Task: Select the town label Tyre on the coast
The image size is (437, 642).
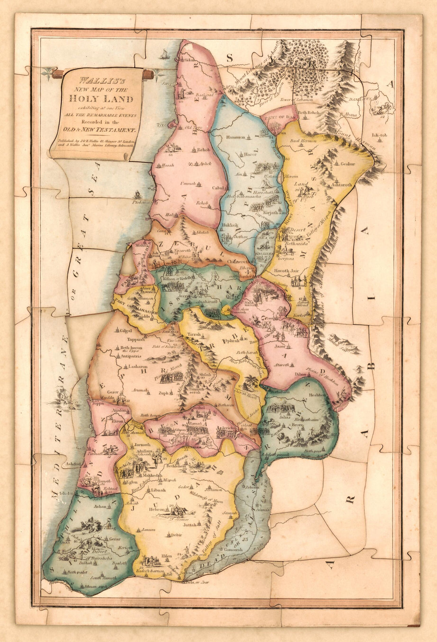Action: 161,124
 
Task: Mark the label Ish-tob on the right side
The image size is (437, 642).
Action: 379,135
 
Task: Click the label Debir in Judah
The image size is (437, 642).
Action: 176,535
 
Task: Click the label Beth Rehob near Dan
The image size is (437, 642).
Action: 308,113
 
